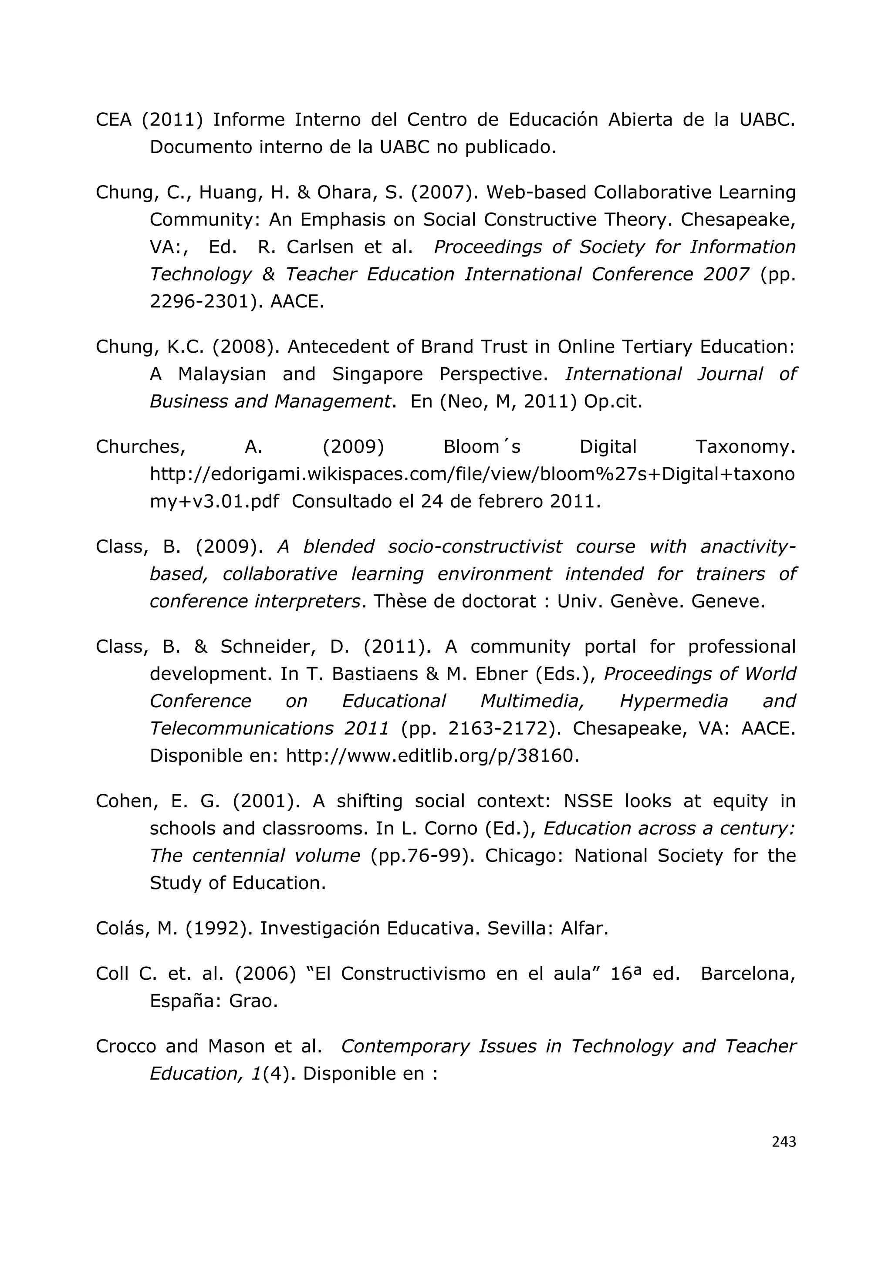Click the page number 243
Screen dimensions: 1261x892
point(783,1142)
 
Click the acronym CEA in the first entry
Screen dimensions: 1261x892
point(113,120)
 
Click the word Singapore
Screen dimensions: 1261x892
point(377,374)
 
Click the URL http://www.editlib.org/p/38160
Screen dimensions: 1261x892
point(432,756)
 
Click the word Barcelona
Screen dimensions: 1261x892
point(747,974)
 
